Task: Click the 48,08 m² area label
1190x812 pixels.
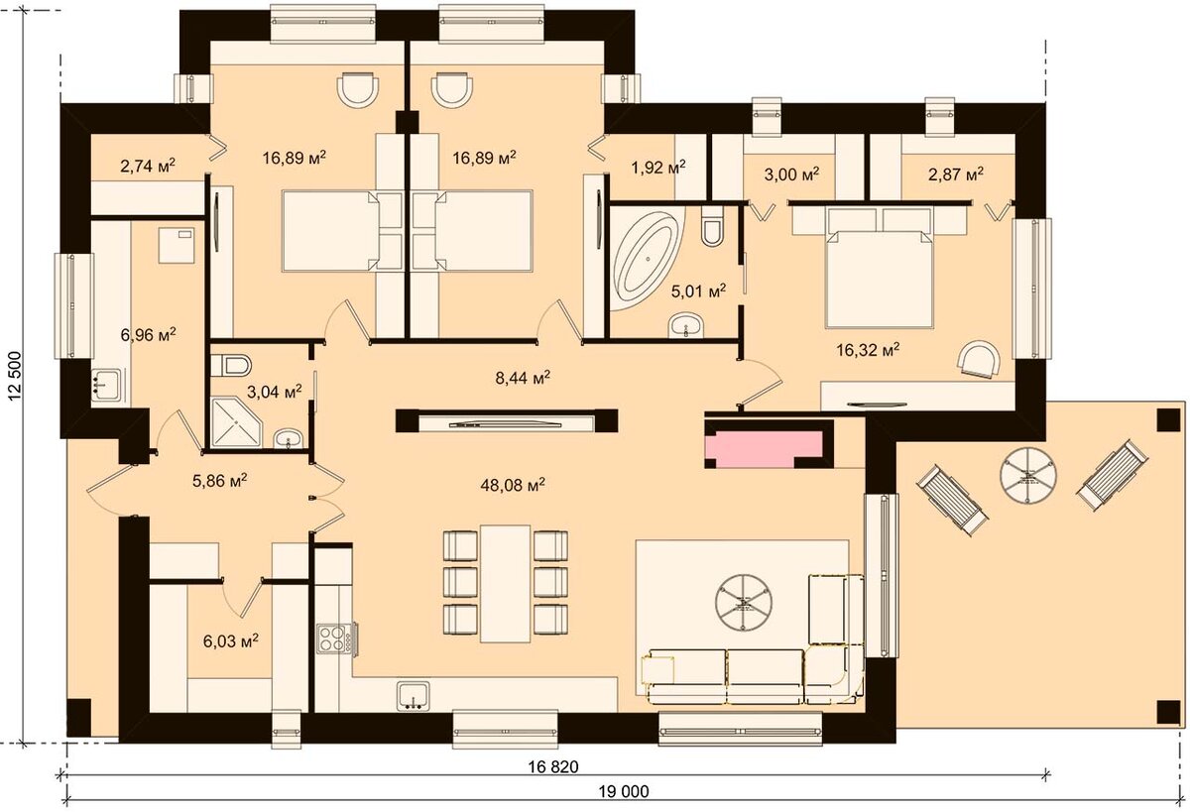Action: pos(513,485)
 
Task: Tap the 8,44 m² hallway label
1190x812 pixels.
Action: pos(523,378)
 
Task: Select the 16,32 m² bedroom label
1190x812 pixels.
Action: pos(868,350)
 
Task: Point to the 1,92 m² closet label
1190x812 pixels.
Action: pos(658,168)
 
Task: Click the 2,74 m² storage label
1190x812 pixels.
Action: pos(148,166)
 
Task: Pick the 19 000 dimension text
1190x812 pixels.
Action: pos(624,792)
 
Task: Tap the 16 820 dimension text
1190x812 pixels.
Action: pos(553,766)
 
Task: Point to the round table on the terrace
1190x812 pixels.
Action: pos(1028,475)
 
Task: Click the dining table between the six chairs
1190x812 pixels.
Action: pos(505,584)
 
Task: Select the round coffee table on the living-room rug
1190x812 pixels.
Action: pos(743,602)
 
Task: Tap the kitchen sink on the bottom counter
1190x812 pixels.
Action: pos(413,696)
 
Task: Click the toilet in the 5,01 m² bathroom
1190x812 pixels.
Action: pos(712,226)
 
